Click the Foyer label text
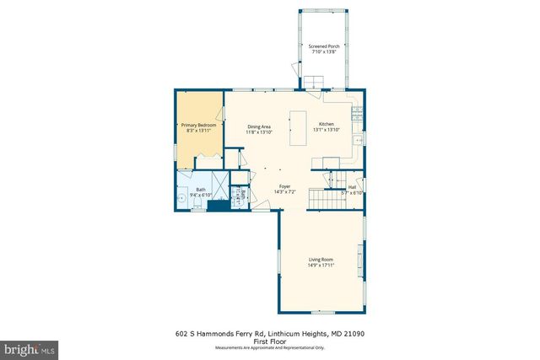(x=285, y=186)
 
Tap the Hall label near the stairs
(x=352, y=188)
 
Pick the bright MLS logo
(x=30, y=347)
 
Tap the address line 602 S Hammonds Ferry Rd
(x=270, y=334)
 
